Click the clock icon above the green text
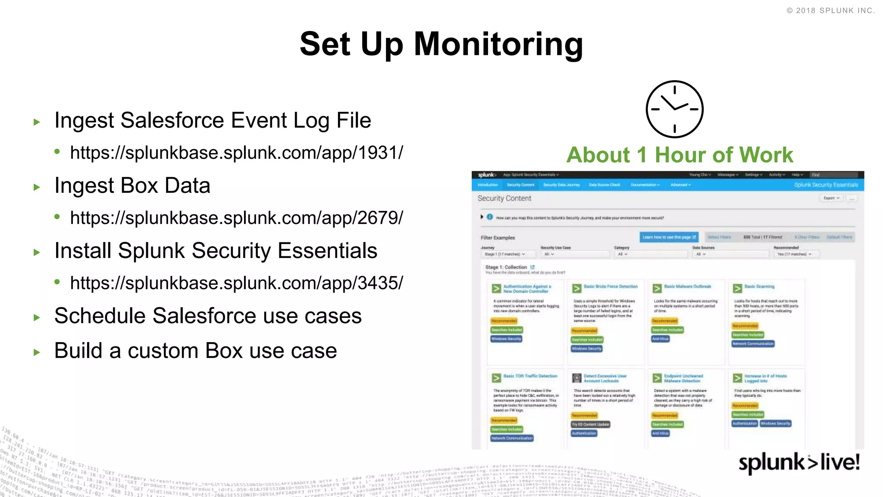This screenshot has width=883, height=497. (674, 109)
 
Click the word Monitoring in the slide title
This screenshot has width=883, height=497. (498, 44)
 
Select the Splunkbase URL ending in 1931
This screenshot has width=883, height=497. (236, 153)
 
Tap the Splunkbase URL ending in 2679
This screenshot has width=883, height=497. (236, 218)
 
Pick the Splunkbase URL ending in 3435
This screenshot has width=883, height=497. (236, 283)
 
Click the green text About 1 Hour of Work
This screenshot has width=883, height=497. (679, 155)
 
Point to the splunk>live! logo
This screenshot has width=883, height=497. (799, 462)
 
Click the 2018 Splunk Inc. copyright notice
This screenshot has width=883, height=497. (830, 11)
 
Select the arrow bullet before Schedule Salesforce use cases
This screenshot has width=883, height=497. (37, 318)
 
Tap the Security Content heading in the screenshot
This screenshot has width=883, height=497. (504, 198)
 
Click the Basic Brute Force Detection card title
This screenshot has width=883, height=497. (610, 286)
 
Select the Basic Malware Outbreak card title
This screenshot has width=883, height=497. (687, 286)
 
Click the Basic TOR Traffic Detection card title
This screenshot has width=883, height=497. (530, 376)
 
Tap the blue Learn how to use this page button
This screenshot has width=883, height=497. (669, 237)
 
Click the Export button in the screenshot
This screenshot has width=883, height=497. (831, 198)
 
